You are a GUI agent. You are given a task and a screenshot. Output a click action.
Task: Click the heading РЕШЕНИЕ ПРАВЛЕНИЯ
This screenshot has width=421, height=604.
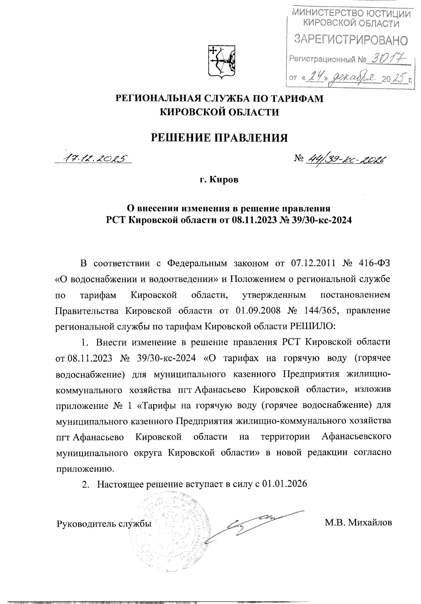tap(219, 137)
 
